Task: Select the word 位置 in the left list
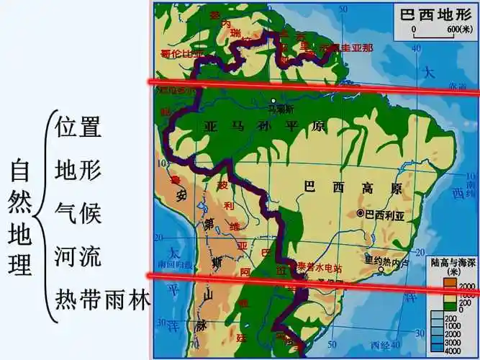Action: (77, 127)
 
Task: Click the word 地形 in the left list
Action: (77, 170)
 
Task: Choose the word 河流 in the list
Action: (77, 255)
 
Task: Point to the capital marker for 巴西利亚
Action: (360, 214)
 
